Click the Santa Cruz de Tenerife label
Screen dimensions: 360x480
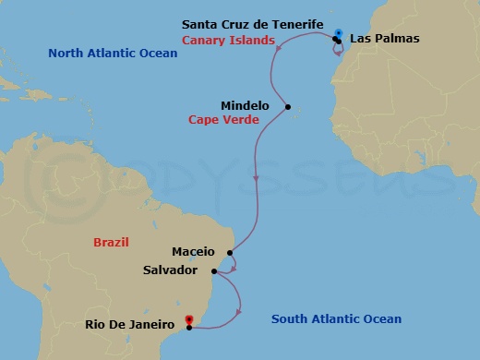253,23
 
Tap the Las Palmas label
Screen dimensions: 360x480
380,39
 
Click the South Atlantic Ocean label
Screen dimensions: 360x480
336,319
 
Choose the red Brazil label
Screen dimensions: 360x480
111,242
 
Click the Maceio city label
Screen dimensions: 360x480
193,251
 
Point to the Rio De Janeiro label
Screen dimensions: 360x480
130,324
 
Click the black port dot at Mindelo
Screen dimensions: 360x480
288,107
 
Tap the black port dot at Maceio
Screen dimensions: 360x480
229,251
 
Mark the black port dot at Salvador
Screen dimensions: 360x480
214,271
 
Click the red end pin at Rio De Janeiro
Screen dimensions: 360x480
189,321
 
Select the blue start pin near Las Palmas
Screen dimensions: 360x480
340,34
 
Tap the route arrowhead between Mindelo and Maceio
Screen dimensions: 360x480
254,181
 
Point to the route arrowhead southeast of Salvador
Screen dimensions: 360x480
238,311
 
